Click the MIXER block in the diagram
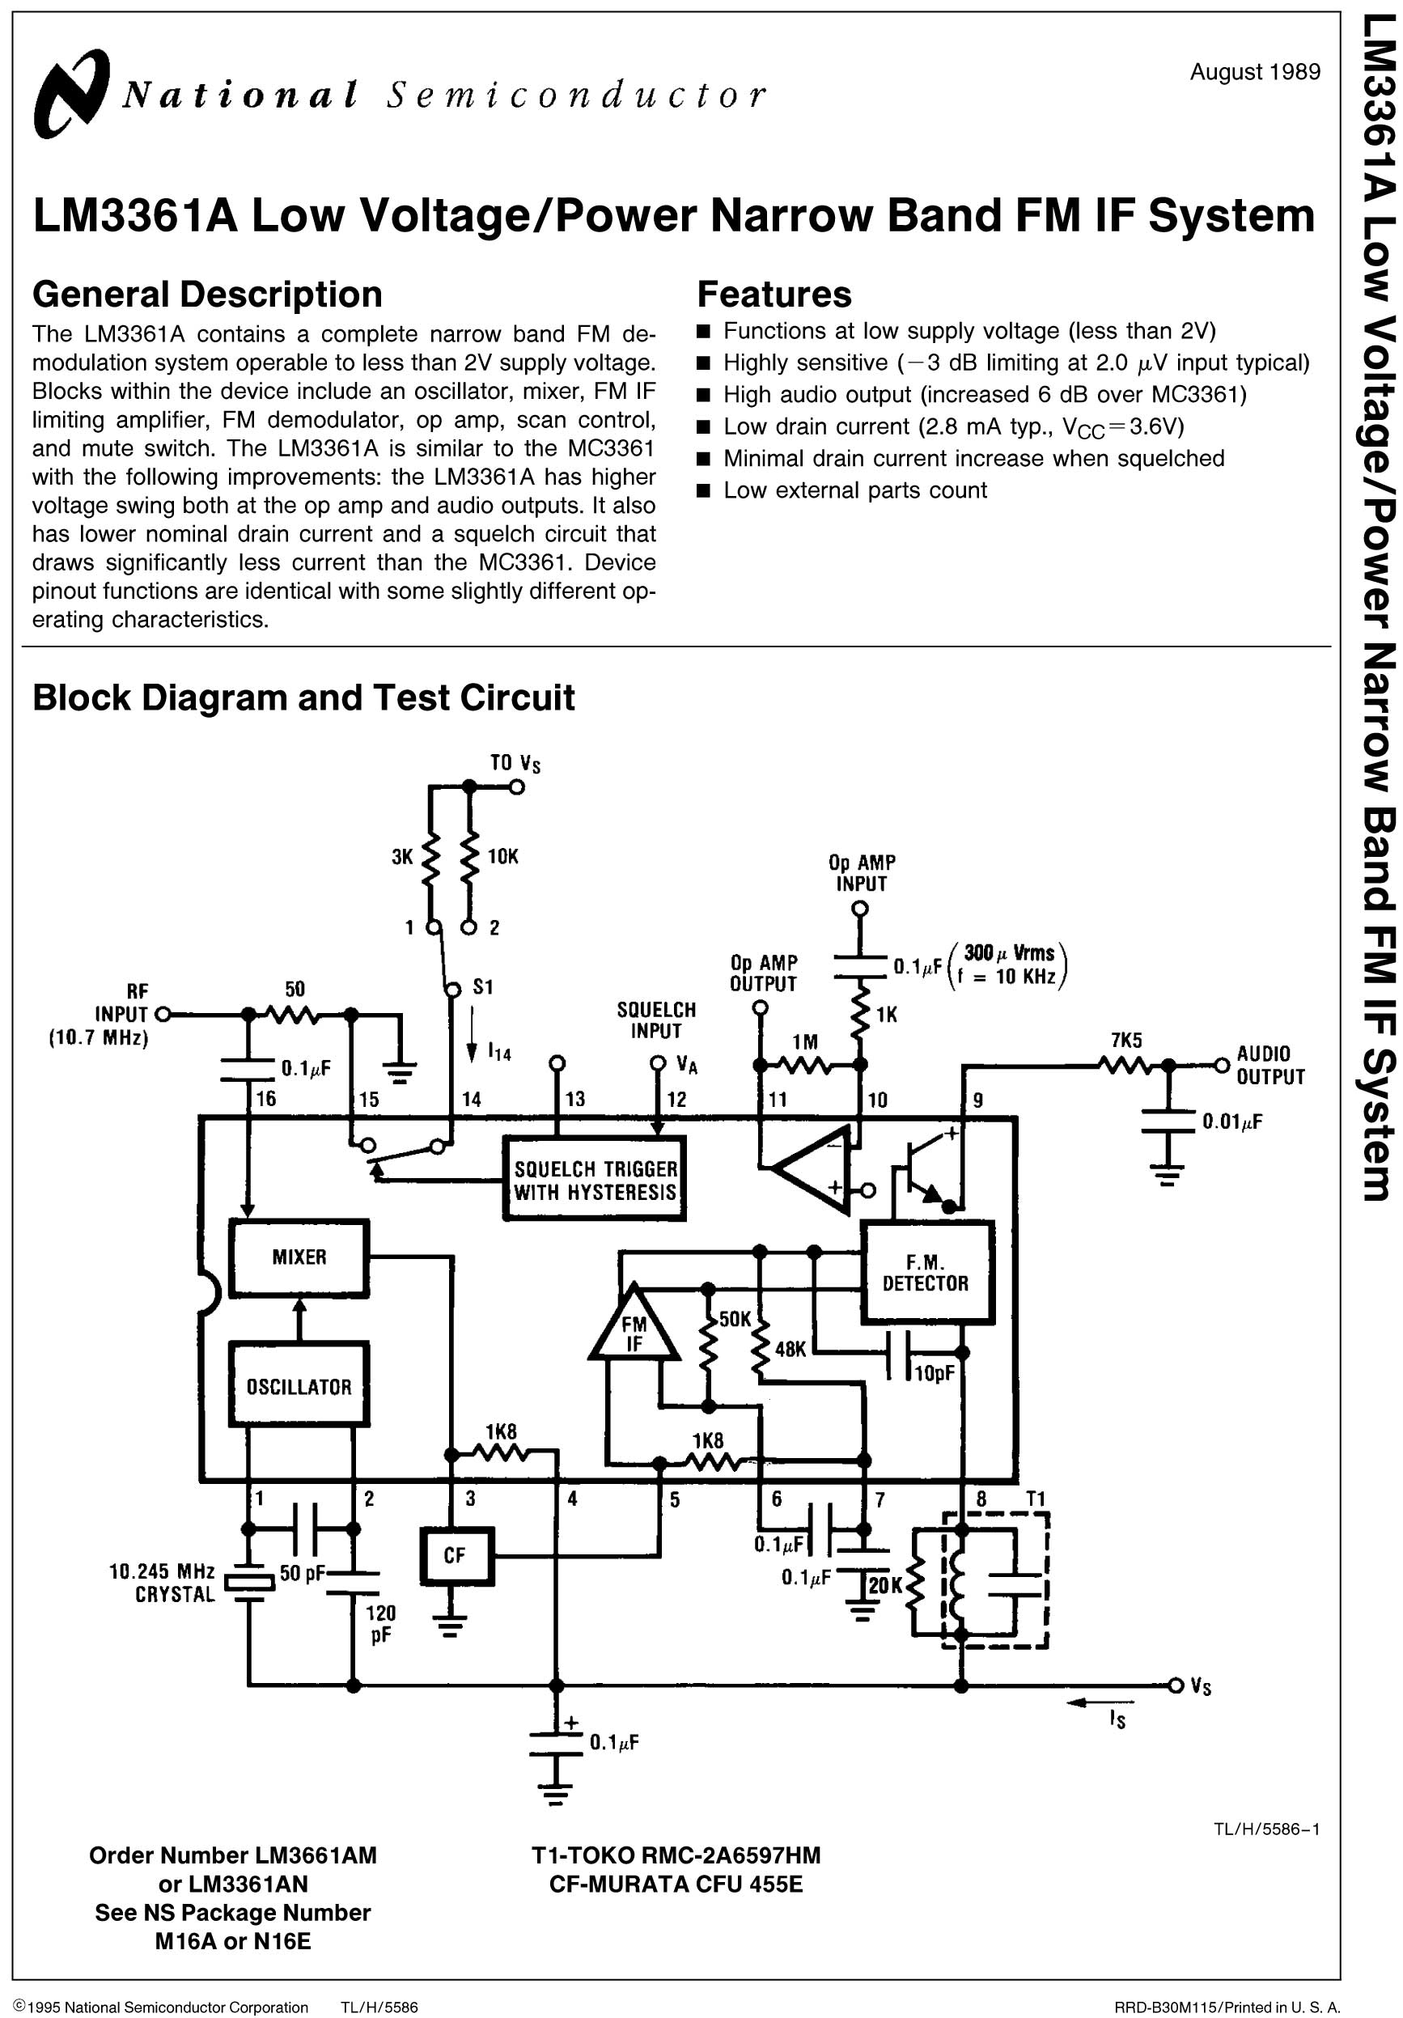pyautogui.click(x=299, y=1257)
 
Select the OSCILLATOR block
pyautogui.click(x=299, y=1386)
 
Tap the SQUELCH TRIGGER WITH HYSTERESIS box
pyautogui.click(x=596, y=1181)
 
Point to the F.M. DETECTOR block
pyautogui.click(x=926, y=1273)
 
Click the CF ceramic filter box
pyautogui.click(x=456, y=1556)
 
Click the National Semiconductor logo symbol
pyautogui.click(x=70, y=93)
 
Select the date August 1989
pyautogui.click(x=1254, y=72)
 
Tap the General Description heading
pyautogui.click(x=207, y=295)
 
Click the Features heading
pyautogui.click(x=774, y=295)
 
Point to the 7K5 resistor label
pyautogui.click(x=1126, y=1041)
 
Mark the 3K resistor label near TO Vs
pyautogui.click(x=402, y=857)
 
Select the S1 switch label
pyautogui.click(x=482, y=987)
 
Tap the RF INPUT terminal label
pyautogui.click(x=123, y=1015)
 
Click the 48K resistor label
pyautogui.click(x=791, y=1349)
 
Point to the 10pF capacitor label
pyautogui.click(x=934, y=1373)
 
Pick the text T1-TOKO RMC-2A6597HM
pyautogui.click(x=675, y=1855)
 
